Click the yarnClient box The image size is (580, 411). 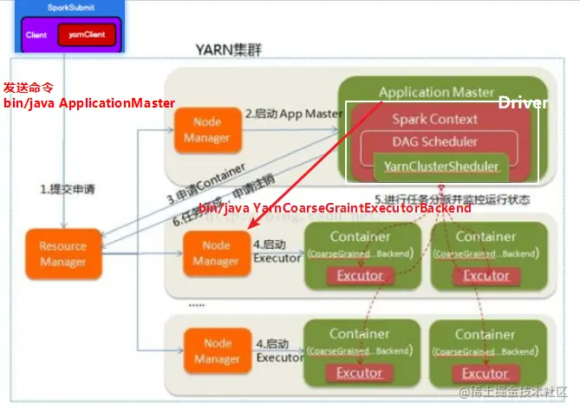(86, 35)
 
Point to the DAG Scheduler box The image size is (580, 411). (434, 141)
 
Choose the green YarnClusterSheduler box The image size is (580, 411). (440, 166)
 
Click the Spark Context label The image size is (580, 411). (434, 120)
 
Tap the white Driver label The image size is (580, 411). (522, 103)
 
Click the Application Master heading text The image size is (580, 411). (436, 92)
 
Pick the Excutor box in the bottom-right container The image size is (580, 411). (486, 373)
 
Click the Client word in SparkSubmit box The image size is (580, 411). (36, 36)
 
